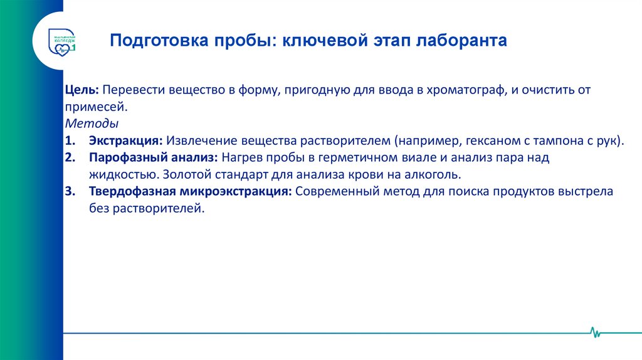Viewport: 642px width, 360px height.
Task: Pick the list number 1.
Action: pyautogui.click(x=69, y=140)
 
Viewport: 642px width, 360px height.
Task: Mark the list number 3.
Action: pyautogui.click(x=69, y=191)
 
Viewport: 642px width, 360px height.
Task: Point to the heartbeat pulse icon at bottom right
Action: pyautogui.click(x=594, y=331)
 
